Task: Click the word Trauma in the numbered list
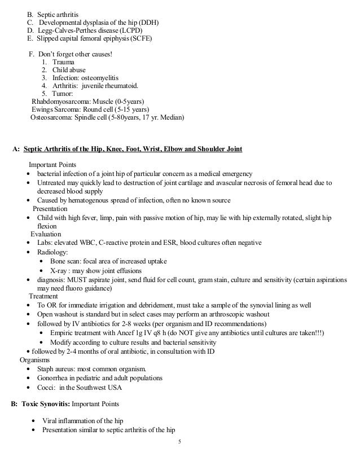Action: (x=63, y=61)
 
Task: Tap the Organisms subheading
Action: (x=36, y=359)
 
